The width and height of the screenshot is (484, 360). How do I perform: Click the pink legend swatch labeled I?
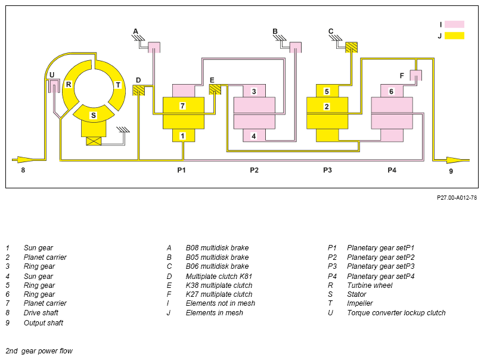[x=454, y=24]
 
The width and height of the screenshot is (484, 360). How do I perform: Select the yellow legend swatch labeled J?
[x=454, y=36]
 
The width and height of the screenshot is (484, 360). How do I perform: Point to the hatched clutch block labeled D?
[x=139, y=90]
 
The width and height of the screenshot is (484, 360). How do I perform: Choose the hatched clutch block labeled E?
[x=215, y=89]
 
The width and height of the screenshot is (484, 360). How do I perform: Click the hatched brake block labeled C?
[x=351, y=47]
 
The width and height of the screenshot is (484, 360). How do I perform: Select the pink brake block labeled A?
[x=154, y=47]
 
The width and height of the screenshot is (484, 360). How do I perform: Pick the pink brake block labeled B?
[x=296, y=47]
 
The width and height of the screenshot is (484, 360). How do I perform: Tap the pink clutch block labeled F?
[x=416, y=75]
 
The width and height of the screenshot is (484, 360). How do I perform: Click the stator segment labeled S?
[x=94, y=113]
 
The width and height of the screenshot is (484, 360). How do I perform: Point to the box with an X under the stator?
[x=94, y=141]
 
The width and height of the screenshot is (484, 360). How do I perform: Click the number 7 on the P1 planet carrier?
[x=182, y=106]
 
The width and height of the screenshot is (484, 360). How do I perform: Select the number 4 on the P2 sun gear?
[x=254, y=136]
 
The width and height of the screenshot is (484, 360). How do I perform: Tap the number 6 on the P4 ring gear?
[x=391, y=91]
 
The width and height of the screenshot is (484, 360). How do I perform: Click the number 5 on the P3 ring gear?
[x=327, y=91]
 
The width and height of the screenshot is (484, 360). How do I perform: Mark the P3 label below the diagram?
[x=327, y=170]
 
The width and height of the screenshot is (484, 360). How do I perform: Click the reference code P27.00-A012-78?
[x=457, y=198]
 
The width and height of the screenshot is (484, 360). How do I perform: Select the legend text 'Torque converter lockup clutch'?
[x=396, y=313]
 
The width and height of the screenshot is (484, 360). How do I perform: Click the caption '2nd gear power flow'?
[x=39, y=351]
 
